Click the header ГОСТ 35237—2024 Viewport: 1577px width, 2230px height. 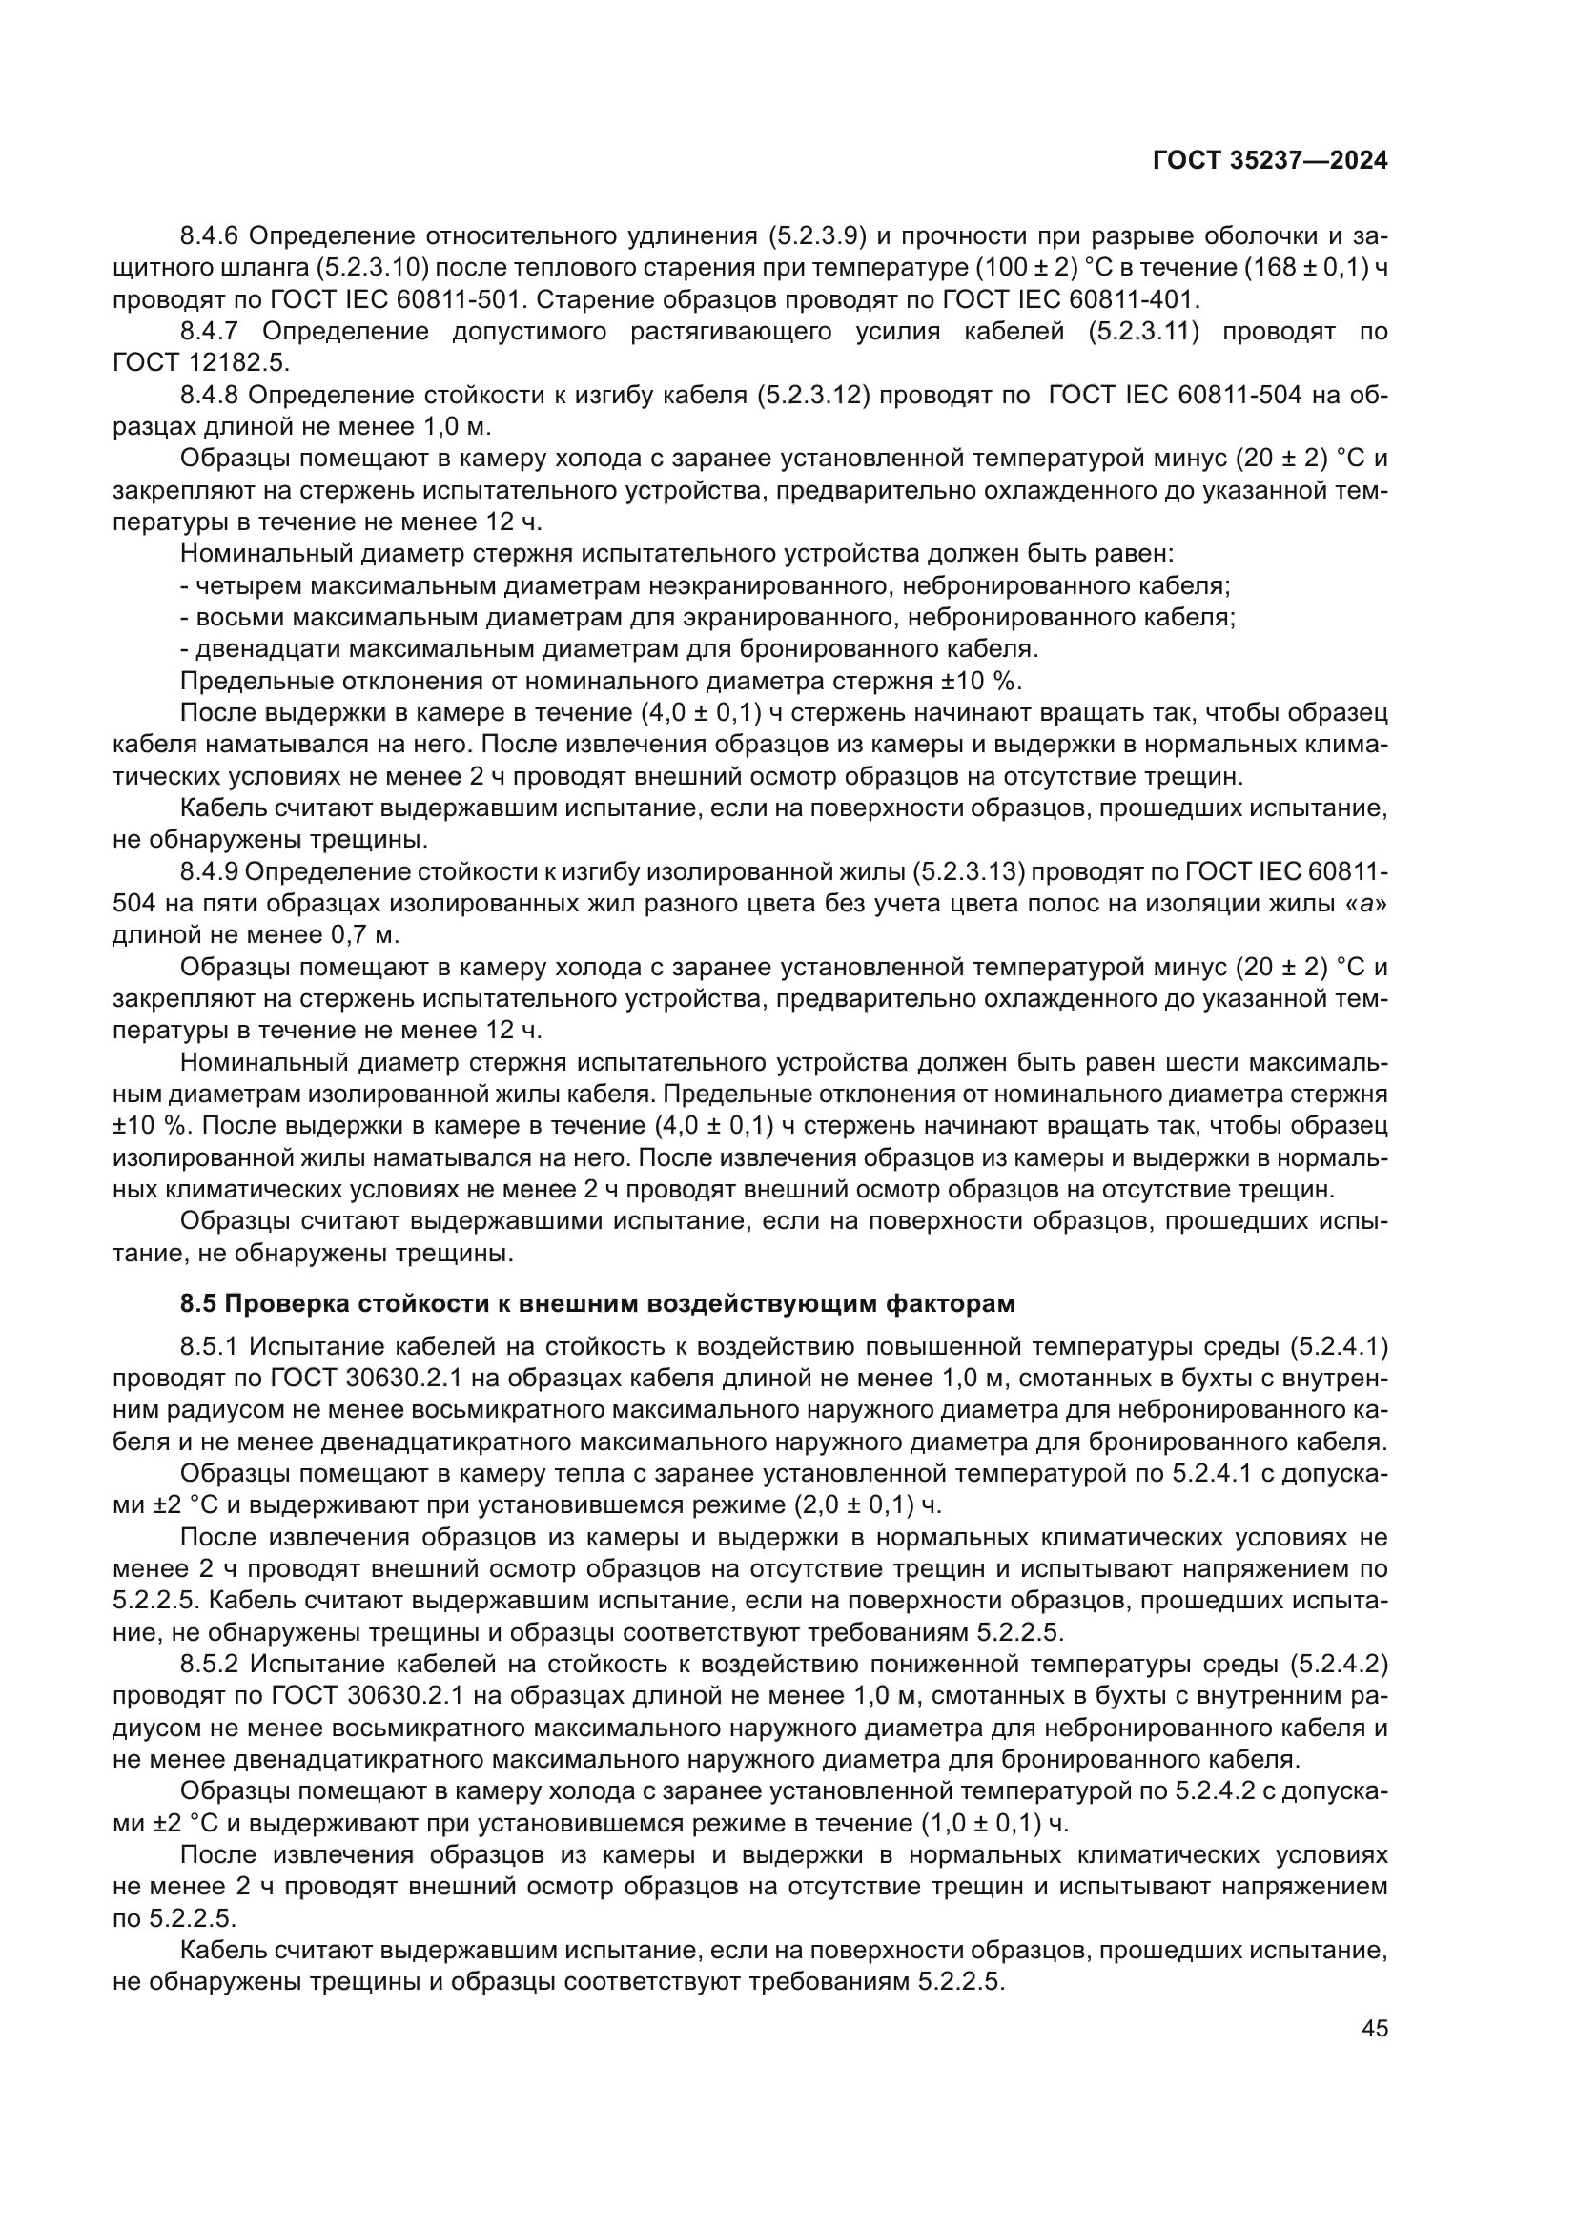(x=1269, y=161)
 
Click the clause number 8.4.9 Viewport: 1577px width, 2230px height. (x=211, y=871)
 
